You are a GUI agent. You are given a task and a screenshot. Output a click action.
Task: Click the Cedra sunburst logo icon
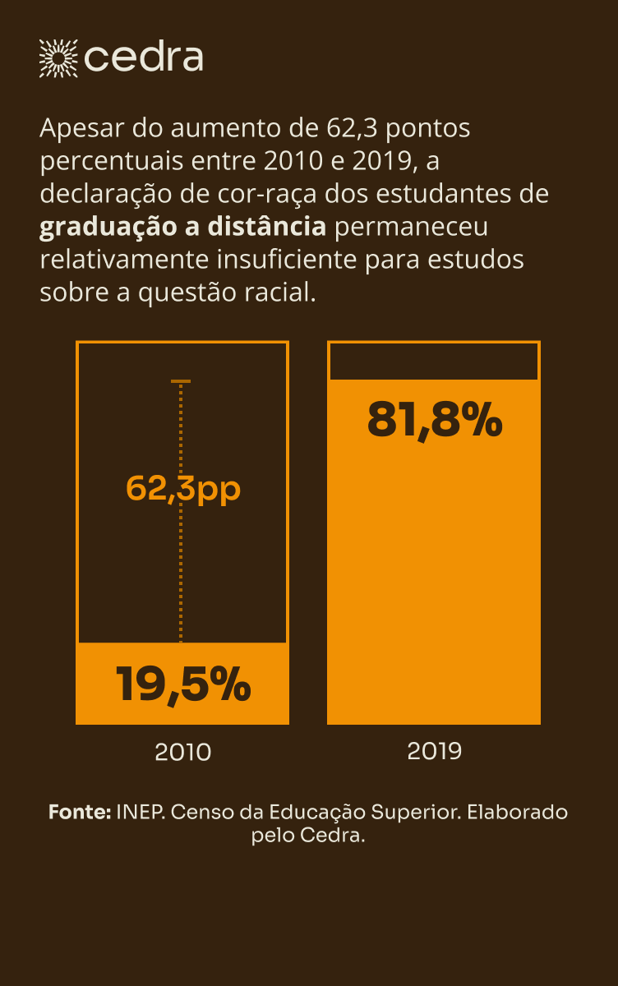tap(58, 58)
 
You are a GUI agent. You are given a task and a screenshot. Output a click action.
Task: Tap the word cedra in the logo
tap(143, 58)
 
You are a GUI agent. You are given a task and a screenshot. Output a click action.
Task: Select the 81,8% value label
tap(434, 421)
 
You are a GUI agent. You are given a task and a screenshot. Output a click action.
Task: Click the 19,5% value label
tap(182, 684)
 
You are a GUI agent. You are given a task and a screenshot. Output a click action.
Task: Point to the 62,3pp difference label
tap(182, 488)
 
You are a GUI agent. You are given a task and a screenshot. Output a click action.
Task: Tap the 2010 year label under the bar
tap(182, 752)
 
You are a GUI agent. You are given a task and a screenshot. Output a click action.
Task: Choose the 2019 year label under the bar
tap(434, 750)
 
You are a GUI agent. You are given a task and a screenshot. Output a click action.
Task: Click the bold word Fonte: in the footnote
tap(80, 812)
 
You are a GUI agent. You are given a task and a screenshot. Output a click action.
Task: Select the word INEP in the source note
tap(141, 812)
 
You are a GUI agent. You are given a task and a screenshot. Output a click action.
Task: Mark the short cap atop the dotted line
tap(181, 381)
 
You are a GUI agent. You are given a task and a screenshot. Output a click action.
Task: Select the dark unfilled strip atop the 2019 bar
tap(434, 362)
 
